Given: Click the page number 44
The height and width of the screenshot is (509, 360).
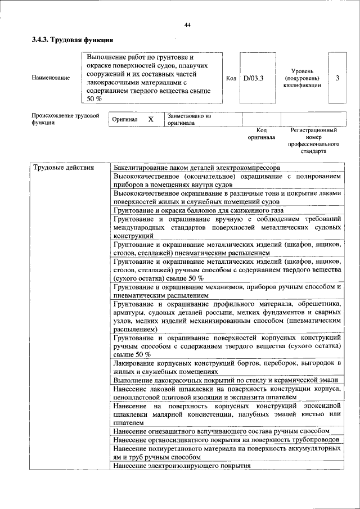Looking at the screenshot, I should pos(187,24).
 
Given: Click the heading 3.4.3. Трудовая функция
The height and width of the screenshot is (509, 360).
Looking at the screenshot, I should pos(73,40).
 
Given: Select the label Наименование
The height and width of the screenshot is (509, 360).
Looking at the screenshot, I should pos(51,78).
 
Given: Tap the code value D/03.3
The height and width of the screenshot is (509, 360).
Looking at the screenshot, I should pos(254,78).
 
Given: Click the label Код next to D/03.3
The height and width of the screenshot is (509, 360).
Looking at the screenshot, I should pos(231,78).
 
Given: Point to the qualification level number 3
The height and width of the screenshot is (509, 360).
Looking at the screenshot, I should pos(337,78).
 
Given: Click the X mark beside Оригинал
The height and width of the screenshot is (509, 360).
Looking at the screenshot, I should pos(150,120).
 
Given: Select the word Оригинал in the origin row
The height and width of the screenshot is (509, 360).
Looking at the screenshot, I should pos(124,120).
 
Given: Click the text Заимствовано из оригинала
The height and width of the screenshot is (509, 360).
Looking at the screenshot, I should pos(188,120).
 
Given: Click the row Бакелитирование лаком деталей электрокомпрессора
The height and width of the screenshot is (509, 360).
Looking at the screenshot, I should pos(196,168).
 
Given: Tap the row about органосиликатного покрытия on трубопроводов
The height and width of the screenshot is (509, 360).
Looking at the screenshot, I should pos(226,439).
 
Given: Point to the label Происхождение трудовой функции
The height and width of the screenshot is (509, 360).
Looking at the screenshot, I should pos(62,120).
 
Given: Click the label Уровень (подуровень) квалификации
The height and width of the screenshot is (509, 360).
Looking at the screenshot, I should pos(302,78).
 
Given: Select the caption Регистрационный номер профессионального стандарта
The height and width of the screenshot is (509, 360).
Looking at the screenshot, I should pos(313,141).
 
